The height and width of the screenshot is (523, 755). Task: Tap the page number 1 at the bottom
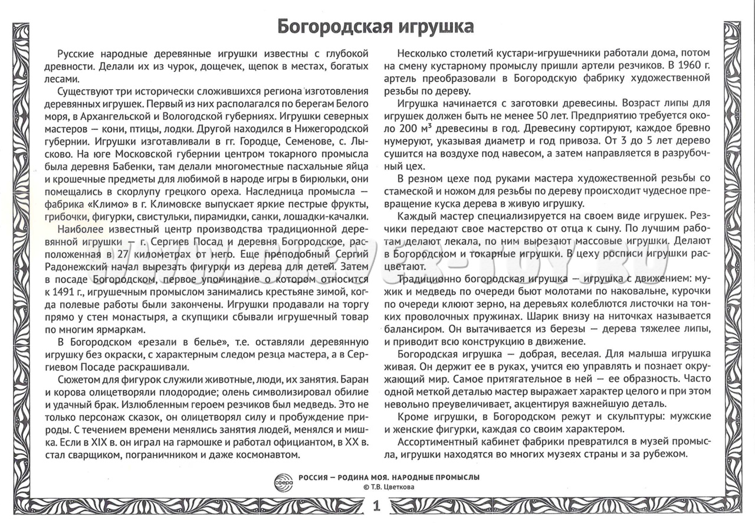377,506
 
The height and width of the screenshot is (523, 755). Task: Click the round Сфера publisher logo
284,480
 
